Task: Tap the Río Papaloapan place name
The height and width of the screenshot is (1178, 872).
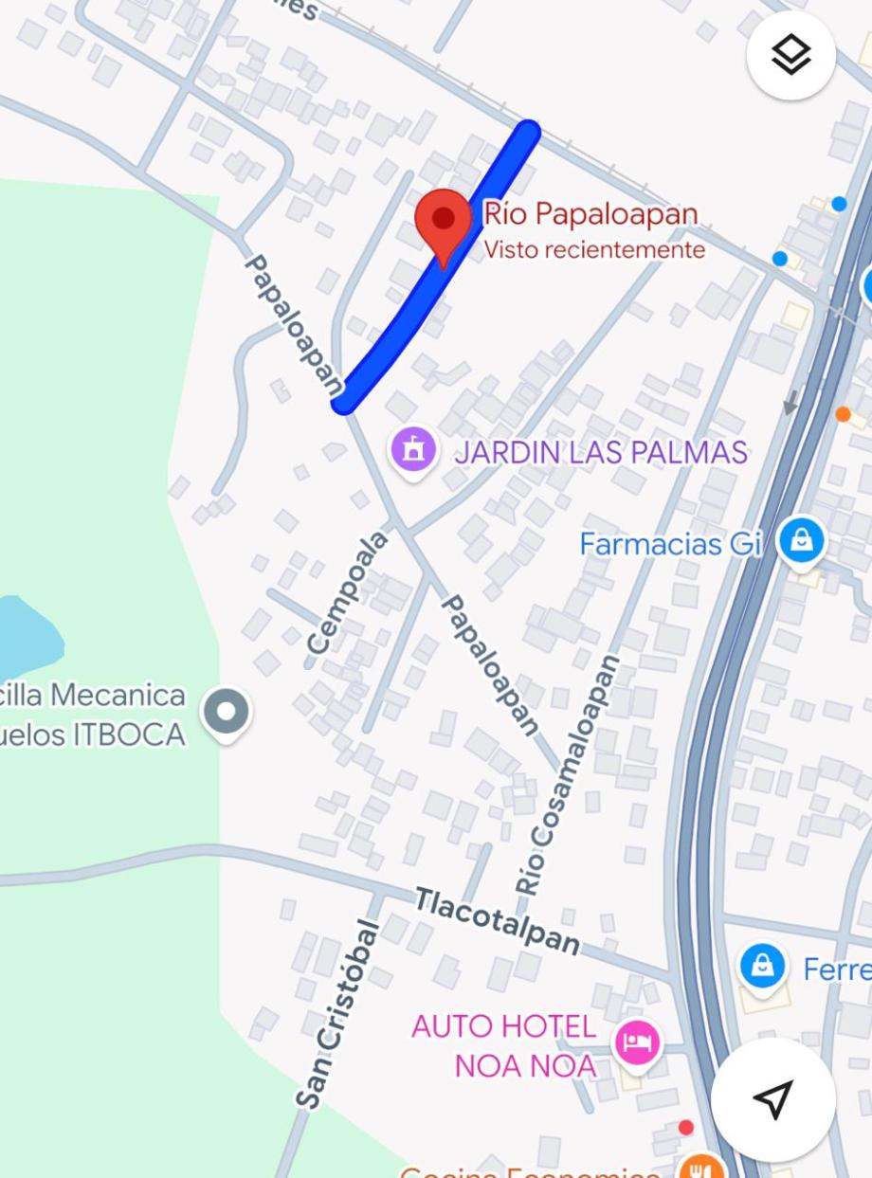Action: click(590, 214)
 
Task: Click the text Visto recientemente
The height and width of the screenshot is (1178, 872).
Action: click(594, 249)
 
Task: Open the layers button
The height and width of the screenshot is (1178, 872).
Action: click(790, 56)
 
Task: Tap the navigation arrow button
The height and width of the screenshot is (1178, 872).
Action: click(772, 1098)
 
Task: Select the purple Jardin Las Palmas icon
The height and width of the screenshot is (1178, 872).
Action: click(413, 449)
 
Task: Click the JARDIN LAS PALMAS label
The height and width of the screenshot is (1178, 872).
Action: click(601, 452)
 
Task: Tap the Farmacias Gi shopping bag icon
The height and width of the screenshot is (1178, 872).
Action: click(801, 541)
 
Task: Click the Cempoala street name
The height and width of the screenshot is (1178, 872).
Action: click(348, 592)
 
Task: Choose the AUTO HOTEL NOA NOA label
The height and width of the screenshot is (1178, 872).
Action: click(504, 1045)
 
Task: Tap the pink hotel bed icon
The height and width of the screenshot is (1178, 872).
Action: click(637, 1042)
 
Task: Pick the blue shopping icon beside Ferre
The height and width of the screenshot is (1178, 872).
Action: click(762, 966)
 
